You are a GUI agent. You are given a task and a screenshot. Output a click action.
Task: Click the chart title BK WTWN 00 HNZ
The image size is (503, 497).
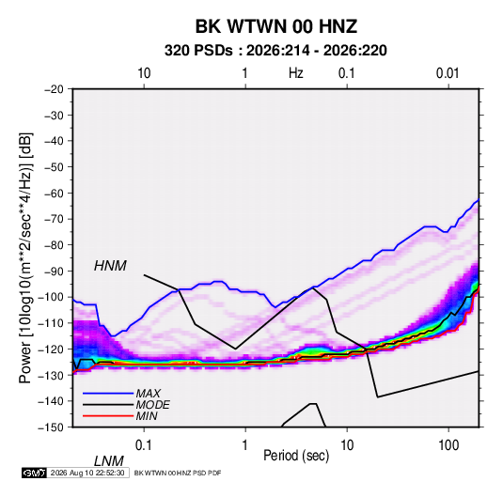coord(276,26)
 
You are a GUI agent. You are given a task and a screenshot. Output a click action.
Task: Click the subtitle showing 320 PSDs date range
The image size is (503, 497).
coord(275,51)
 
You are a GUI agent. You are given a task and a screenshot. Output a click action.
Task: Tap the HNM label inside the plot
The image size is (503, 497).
coord(110,266)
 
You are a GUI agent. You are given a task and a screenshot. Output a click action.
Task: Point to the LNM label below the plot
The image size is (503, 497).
coord(109,461)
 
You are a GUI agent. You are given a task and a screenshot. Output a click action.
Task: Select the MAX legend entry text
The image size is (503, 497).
coord(149,394)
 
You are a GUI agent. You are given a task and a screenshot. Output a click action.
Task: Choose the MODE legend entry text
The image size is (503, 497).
coord(152,405)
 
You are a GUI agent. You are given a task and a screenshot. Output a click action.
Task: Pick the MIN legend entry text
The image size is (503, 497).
coord(147,416)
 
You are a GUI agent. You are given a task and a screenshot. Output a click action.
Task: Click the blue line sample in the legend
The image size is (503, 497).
coord(108,394)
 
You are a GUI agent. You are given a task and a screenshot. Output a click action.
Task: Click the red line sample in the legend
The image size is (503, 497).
coord(108,416)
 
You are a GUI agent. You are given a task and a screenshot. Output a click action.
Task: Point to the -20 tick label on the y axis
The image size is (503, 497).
coord(54,89)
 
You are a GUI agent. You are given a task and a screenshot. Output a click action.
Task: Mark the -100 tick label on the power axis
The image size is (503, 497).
coord(51,297)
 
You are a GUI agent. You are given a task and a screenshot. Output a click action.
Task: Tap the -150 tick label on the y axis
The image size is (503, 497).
coord(51,427)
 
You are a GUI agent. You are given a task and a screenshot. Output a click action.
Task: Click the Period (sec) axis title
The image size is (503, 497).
coord(296,456)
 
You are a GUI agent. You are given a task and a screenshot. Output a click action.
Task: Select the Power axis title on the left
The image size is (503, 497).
coord(25,257)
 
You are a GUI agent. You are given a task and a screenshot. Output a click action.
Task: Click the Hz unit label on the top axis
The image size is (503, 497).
coord(296,73)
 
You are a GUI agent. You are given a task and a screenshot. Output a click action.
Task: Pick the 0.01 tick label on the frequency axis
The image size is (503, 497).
coord(448,73)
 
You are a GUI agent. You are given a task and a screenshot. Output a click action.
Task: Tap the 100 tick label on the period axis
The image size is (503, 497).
coord(448,445)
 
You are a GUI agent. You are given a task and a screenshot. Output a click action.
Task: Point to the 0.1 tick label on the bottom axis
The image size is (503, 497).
coord(144,445)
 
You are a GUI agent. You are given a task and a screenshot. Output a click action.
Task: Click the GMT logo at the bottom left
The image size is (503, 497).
coord(34,473)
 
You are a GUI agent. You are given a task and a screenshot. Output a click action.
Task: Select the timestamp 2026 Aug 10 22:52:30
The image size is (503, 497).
coord(87,473)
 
